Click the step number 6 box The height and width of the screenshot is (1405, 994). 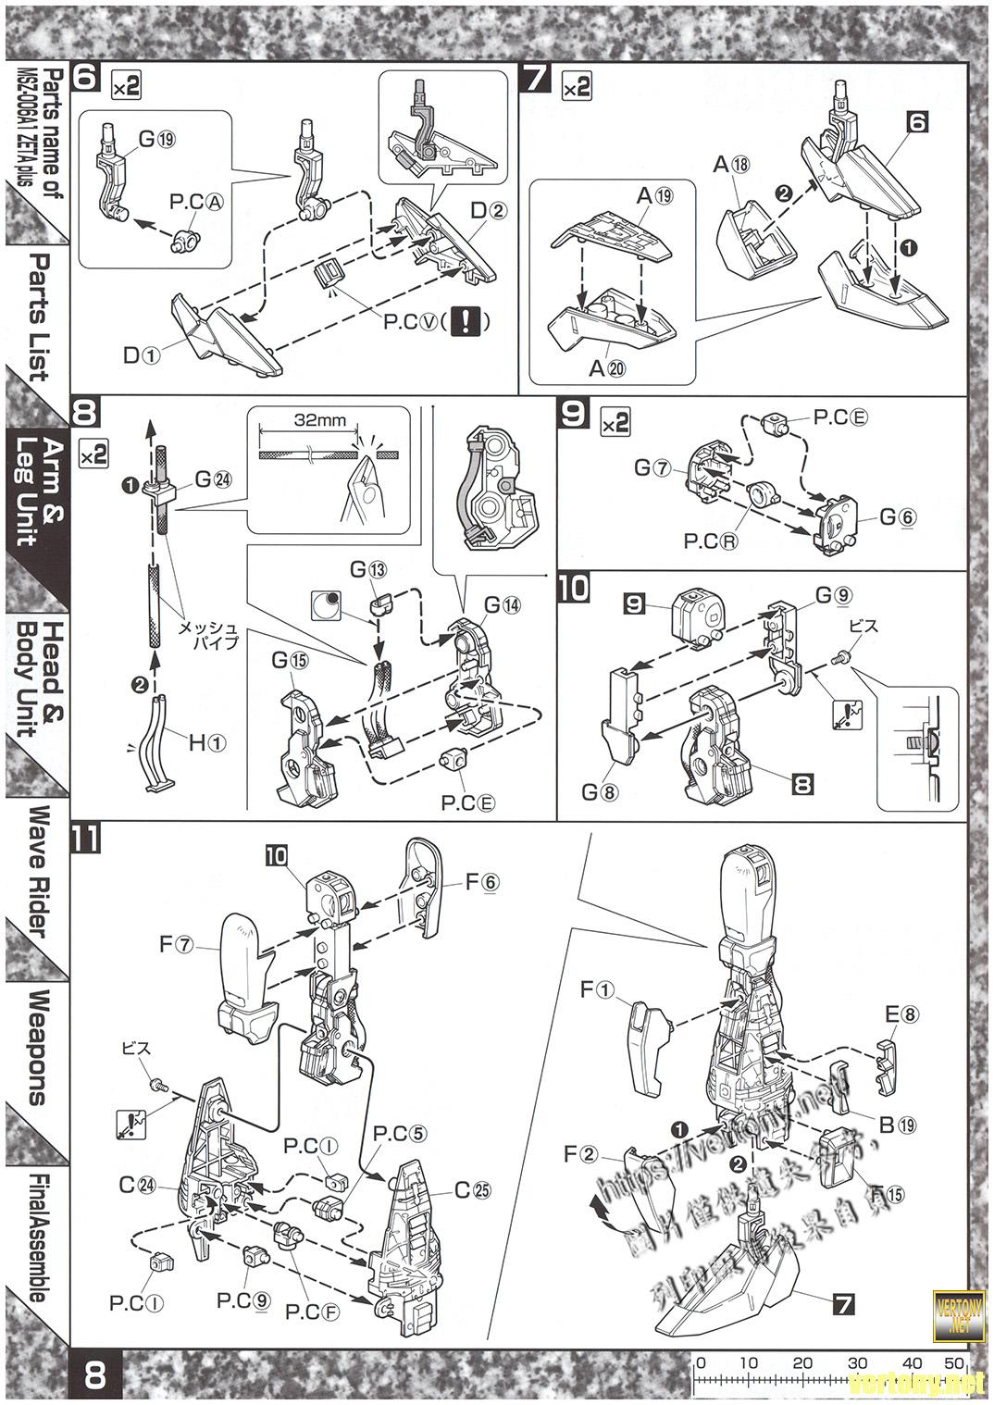click(x=84, y=78)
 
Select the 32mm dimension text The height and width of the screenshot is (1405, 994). click(x=320, y=419)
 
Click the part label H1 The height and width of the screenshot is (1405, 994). click(x=206, y=743)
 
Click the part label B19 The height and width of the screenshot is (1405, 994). click(x=897, y=1125)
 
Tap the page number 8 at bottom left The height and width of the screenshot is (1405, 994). click(x=94, y=1374)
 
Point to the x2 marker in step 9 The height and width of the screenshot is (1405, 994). click(x=615, y=423)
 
